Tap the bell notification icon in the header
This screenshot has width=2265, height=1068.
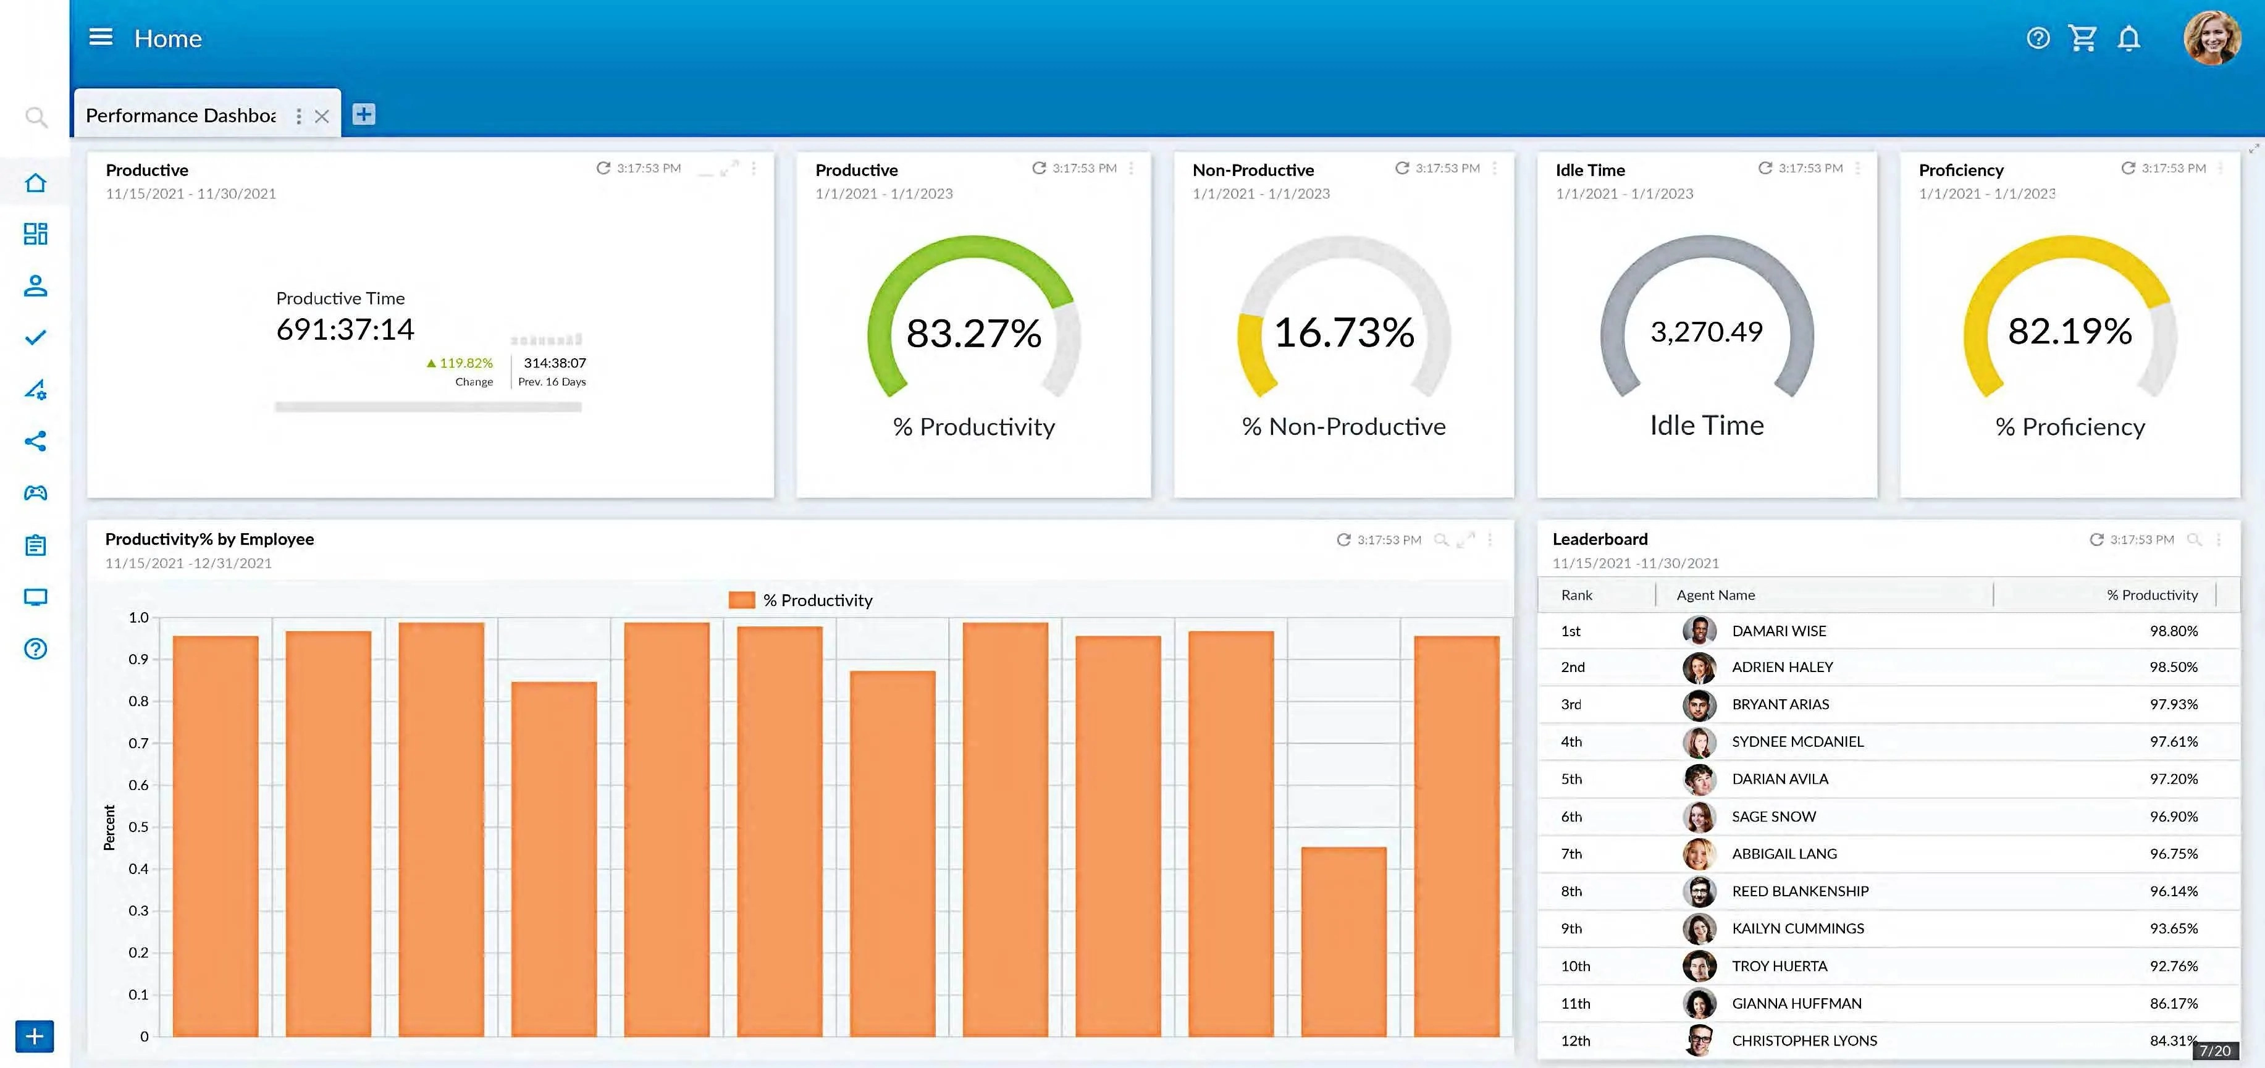[x=2128, y=38]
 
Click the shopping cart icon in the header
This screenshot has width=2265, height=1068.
[x=2083, y=38]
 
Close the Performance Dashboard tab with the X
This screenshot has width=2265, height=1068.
[x=322, y=116]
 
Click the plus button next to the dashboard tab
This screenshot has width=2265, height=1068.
[x=363, y=114]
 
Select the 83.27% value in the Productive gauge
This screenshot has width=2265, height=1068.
[x=973, y=333]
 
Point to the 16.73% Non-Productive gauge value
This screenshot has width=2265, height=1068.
[x=1343, y=332]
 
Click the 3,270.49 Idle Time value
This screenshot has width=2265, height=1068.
[x=1706, y=331]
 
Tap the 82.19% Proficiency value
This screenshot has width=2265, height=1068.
[x=2070, y=331]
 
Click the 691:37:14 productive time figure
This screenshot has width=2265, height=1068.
[x=345, y=330]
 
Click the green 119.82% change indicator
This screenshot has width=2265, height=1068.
[x=461, y=363]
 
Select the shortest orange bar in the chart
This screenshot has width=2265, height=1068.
[x=1343, y=941]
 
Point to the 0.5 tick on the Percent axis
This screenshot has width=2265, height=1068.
[x=138, y=827]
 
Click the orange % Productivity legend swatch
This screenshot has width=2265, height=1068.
[x=742, y=600]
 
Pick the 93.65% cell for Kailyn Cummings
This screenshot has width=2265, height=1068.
[x=2174, y=928]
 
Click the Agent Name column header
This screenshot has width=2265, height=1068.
[x=1715, y=595]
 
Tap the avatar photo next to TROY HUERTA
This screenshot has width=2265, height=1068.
[x=1699, y=966]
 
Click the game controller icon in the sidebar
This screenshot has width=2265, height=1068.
[x=35, y=493]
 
